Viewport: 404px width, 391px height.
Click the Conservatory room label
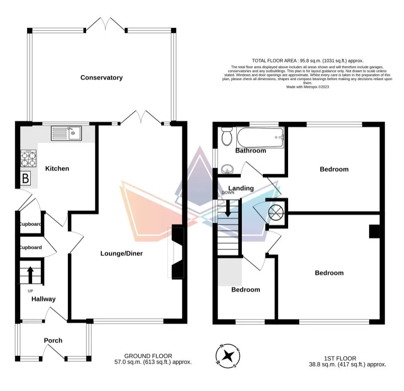[101, 78]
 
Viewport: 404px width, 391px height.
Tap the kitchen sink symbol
[67, 134]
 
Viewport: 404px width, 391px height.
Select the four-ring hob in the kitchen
[28, 158]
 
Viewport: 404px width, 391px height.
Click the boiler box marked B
[26, 178]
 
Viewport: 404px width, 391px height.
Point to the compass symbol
[227, 355]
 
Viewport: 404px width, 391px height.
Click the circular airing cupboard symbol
[277, 213]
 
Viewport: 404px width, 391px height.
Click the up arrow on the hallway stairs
[30, 275]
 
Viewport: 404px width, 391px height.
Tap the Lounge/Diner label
[121, 253]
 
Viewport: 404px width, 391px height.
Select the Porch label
[53, 340]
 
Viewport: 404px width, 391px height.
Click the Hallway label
[44, 299]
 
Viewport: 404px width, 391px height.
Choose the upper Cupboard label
[30, 224]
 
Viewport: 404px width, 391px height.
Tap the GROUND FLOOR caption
[148, 356]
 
